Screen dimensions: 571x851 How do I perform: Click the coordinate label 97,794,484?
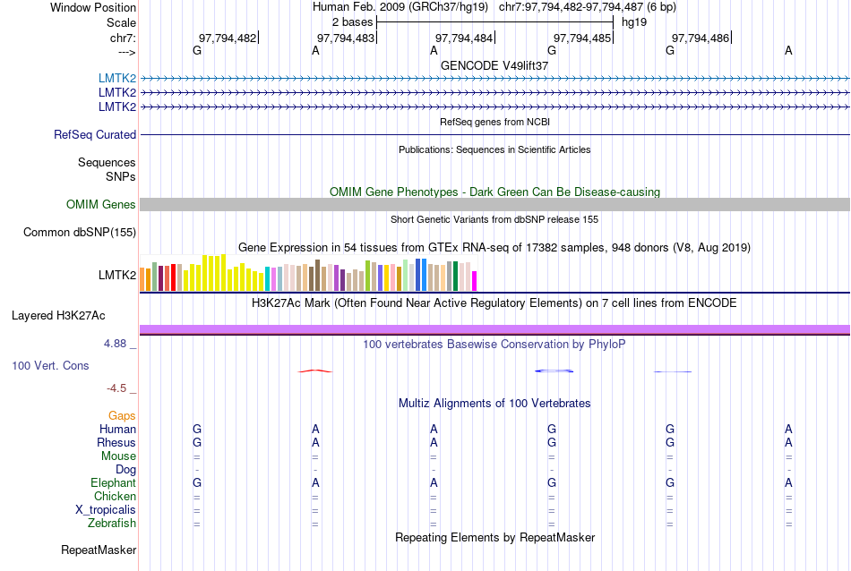[x=464, y=38]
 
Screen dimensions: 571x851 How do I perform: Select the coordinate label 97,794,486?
[x=701, y=38]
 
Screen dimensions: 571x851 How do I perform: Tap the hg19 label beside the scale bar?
[x=633, y=21]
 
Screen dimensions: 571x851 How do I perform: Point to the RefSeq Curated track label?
[x=95, y=135]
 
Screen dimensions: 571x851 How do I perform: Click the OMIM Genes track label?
[x=101, y=205]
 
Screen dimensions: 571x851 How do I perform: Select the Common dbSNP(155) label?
[x=80, y=233]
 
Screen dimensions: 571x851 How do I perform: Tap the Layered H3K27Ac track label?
[x=58, y=315]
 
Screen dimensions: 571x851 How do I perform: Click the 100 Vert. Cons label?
[x=50, y=366]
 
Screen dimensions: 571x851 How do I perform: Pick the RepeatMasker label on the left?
[x=99, y=550]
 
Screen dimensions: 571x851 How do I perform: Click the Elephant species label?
[x=114, y=483]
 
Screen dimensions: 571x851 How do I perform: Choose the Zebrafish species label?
[x=112, y=524]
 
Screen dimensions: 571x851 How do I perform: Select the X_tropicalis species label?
[x=106, y=510]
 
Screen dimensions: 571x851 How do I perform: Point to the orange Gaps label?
[x=122, y=416]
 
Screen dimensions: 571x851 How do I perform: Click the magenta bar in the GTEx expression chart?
[x=475, y=281]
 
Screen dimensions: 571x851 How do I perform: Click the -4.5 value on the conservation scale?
[x=116, y=388]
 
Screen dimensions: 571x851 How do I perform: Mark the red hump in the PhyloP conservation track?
[x=315, y=371]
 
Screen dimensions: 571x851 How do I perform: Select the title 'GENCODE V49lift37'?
[x=494, y=66]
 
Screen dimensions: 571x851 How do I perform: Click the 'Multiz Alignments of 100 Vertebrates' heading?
[x=494, y=404]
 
